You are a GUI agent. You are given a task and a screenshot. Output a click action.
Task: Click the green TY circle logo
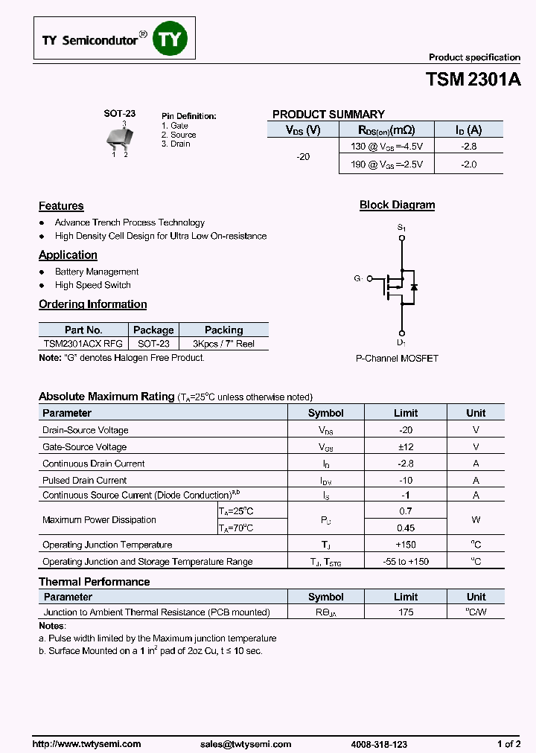pyautogui.click(x=170, y=40)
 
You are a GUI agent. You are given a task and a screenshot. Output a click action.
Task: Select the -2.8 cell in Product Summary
pyautogui.click(x=468, y=147)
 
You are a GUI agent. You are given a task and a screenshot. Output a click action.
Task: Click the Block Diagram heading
pyautogui.click(x=397, y=205)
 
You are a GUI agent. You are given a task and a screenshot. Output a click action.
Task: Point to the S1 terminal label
pyautogui.click(x=401, y=228)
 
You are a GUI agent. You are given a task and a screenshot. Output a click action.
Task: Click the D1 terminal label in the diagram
pyautogui.click(x=401, y=342)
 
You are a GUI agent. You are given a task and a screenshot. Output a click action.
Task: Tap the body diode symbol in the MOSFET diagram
pyautogui.click(x=414, y=286)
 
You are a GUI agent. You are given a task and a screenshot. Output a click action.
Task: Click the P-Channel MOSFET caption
pyautogui.click(x=397, y=359)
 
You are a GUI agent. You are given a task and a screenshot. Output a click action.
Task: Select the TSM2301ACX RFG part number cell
pyautogui.click(x=83, y=344)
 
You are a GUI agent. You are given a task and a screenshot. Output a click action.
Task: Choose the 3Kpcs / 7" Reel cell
pyautogui.click(x=223, y=344)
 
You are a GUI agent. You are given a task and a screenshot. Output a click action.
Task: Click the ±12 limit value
pyautogui.click(x=406, y=446)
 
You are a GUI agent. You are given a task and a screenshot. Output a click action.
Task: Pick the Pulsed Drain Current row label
pyautogui.click(x=84, y=480)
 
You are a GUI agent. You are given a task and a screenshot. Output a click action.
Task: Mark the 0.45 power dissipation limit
pyautogui.click(x=406, y=528)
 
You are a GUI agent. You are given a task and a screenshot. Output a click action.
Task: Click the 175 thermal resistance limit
pyautogui.click(x=406, y=612)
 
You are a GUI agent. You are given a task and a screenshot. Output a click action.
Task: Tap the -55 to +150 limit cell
pyautogui.click(x=406, y=562)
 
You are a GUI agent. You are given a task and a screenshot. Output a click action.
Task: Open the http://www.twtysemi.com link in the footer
pyautogui.click(x=86, y=744)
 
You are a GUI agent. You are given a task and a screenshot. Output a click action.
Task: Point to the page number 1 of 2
pyautogui.click(x=508, y=744)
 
